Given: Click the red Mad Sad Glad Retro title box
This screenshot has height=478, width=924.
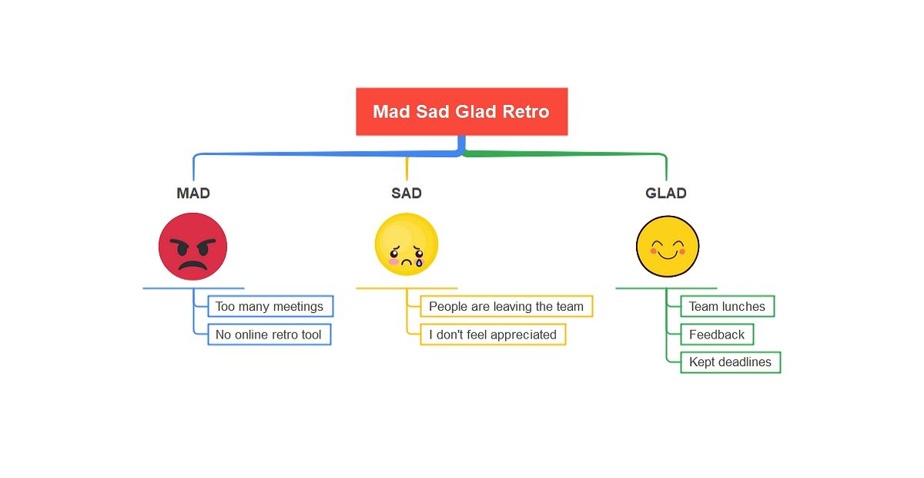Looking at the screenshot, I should [461, 112].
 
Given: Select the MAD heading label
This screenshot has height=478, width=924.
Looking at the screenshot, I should [193, 193].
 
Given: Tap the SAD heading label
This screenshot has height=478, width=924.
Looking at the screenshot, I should [407, 193].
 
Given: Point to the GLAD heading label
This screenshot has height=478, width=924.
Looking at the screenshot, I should [666, 193].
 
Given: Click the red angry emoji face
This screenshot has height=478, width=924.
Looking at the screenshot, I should [193, 247].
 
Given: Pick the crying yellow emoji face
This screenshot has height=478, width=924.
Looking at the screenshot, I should [407, 245].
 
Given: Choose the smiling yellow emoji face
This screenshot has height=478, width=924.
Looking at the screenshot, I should [668, 247].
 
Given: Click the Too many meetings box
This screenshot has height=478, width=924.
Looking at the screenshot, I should [270, 306].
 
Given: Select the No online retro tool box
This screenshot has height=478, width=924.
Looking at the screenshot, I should [269, 335].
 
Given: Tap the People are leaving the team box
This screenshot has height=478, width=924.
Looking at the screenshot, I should [506, 306].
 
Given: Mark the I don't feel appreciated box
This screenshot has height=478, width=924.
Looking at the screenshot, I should [493, 335].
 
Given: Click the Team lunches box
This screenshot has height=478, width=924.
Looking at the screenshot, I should [727, 306].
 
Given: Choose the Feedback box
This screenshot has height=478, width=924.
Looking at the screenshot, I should [717, 335].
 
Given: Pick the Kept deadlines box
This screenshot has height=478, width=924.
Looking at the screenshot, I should [730, 362].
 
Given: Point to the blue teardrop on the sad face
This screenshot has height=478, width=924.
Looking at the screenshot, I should [419, 261].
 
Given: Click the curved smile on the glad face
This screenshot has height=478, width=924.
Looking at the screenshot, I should [668, 255].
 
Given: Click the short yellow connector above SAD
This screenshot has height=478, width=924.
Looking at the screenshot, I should [407, 168].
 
